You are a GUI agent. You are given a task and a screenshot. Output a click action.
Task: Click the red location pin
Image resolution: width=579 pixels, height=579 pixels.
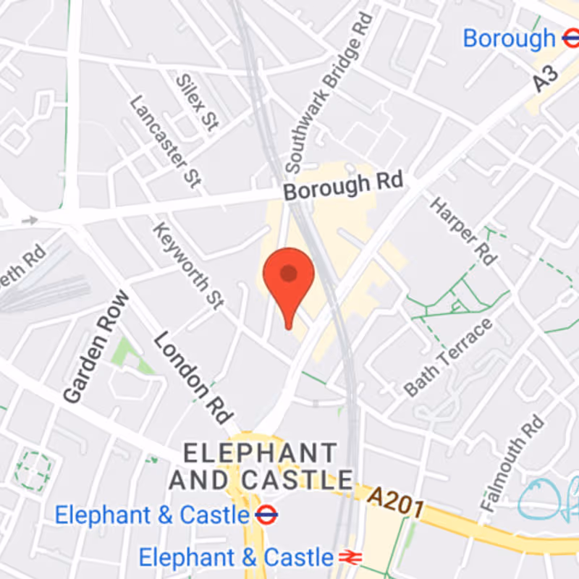288,279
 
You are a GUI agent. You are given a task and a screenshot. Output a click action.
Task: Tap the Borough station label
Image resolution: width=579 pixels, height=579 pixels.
508,38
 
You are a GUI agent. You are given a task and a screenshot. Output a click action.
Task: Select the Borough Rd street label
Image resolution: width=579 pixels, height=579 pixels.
342,187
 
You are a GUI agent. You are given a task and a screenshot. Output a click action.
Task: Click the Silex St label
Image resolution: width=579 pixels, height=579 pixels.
196,101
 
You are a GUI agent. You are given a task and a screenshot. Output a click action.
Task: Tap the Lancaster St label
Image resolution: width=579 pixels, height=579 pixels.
164,142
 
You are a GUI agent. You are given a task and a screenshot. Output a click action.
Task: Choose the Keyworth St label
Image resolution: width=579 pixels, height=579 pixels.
187,266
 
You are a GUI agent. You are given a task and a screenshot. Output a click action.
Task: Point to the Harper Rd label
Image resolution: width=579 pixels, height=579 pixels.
463,229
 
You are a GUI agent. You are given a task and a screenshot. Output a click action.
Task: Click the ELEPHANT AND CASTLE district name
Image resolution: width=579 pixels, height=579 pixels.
261,466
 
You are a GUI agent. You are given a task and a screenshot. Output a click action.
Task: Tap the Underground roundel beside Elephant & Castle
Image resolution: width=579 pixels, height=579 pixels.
266,515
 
